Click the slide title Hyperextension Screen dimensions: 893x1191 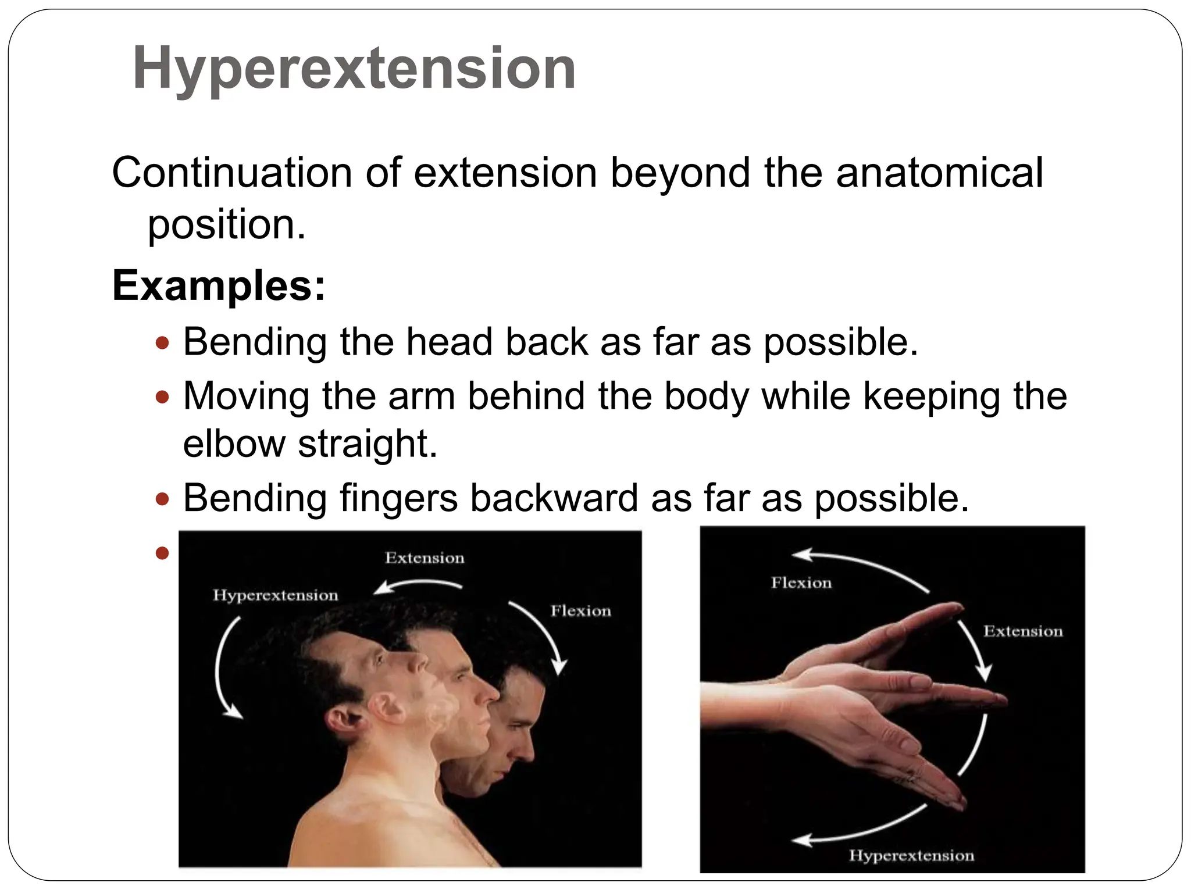click(354, 69)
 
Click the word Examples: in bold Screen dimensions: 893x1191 click(219, 285)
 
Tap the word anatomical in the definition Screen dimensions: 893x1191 click(939, 173)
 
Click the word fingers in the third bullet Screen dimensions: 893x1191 click(398, 498)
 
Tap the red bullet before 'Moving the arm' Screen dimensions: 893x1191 click(162, 398)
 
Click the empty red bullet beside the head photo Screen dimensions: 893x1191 click(162, 552)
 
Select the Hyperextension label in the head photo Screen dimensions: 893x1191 click(275, 595)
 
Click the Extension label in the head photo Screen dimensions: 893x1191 click(425, 558)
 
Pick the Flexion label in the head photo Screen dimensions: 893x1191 click(581, 611)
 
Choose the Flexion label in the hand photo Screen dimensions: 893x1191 click(801, 583)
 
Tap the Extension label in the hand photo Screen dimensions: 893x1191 click(1023, 631)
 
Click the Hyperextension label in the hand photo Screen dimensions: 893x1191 click(911, 855)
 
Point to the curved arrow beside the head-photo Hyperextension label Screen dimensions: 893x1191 click(224, 669)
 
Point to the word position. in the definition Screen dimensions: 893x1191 click(226, 224)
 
